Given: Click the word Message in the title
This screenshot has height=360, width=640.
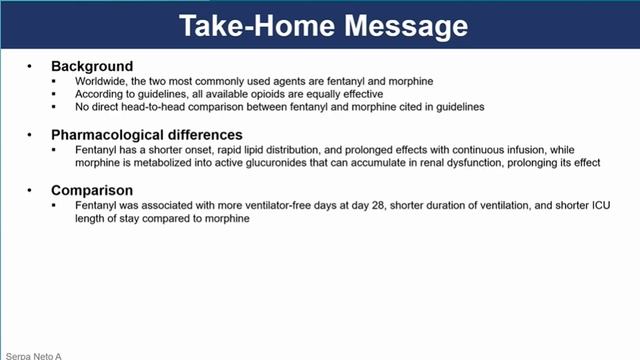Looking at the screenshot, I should [x=402, y=25].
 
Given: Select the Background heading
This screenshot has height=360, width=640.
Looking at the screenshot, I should [x=92, y=67].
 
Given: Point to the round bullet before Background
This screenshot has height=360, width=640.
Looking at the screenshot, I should [x=30, y=67].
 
